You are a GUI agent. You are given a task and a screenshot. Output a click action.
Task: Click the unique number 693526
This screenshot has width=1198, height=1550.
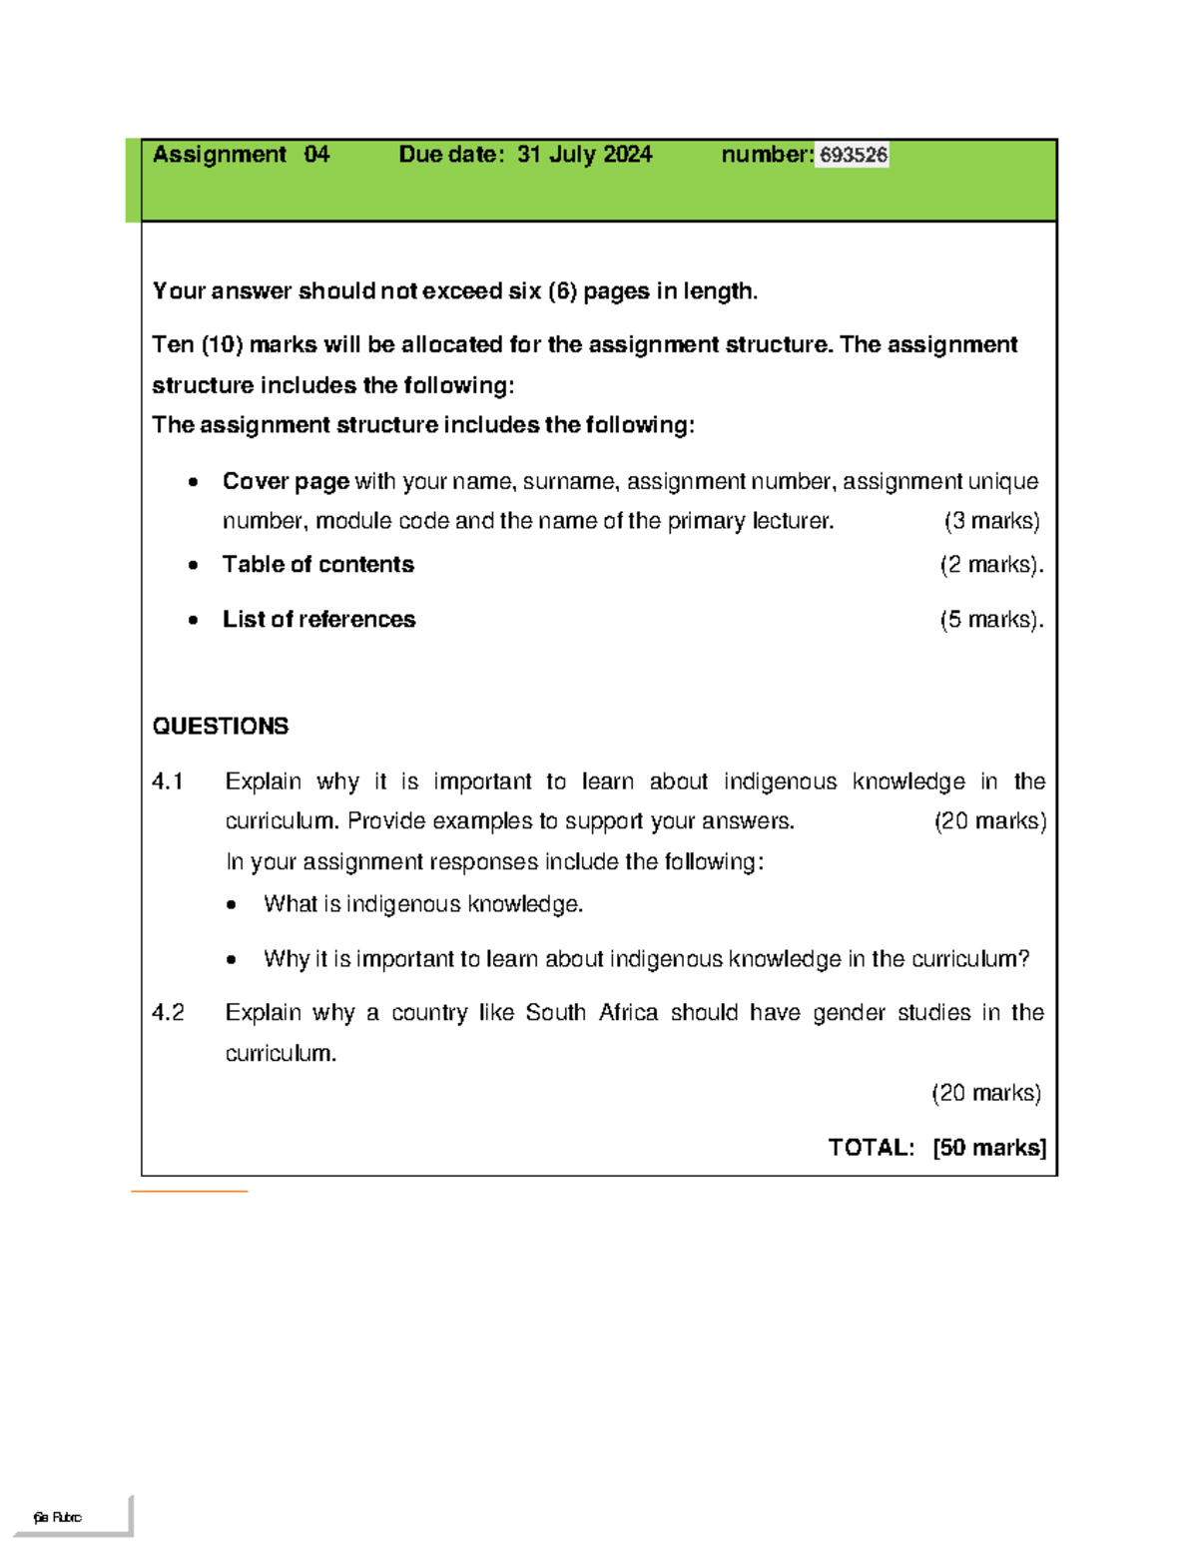click(x=853, y=155)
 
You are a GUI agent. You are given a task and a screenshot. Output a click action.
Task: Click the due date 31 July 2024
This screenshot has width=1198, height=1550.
click(x=584, y=155)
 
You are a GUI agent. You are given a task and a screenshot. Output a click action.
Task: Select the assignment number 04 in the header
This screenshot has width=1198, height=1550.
click(x=316, y=155)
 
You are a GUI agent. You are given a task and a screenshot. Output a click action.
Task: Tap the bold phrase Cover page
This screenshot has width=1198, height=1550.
click(x=286, y=481)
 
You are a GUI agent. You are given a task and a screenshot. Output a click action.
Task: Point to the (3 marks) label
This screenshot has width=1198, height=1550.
click(x=991, y=521)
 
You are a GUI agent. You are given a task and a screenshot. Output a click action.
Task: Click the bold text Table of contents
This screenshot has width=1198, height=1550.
click(x=317, y=564)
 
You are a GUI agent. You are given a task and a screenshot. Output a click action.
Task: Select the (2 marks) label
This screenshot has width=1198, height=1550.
click(x=990, y=565)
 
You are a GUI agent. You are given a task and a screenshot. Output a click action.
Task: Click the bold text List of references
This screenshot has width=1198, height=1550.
click(x=318, y=619)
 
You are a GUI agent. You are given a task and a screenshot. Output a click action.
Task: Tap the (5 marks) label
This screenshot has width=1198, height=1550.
click(x=990, y=620)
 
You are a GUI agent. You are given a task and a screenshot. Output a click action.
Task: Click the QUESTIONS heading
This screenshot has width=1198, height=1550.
click(x=221, y=726)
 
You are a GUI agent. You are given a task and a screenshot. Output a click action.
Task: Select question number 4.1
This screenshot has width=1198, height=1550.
click(x=168, y=781)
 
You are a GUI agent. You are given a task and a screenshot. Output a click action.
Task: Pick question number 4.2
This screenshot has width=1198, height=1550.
click(x=168, y=1012)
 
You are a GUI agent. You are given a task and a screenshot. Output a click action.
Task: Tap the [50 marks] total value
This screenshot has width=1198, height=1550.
click(x=989, y=1148)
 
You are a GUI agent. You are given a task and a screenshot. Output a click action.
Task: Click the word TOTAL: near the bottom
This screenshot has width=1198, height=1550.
click(x=871, y=1148)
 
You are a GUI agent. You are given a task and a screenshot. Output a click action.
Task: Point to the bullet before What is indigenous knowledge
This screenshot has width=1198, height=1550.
click(x=232, y=905)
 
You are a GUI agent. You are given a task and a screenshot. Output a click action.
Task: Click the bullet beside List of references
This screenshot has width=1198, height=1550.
click(x=193, y=620)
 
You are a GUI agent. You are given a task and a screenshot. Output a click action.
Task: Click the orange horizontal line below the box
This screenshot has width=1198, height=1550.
click(x=189, y=1191)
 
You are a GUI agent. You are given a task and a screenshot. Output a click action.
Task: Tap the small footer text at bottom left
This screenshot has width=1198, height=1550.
click(x=57, y=1517)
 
